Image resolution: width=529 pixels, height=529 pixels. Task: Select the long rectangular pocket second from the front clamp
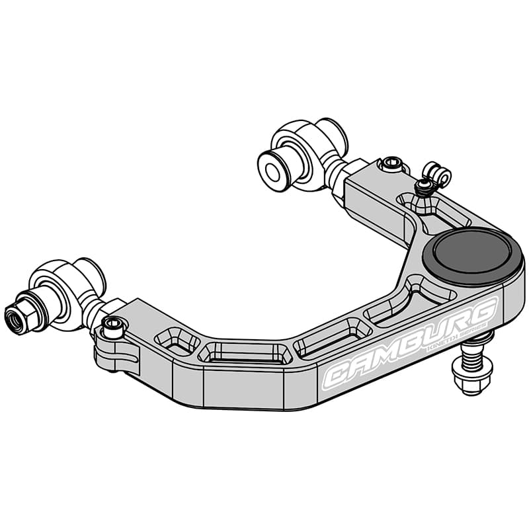point(245,352)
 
